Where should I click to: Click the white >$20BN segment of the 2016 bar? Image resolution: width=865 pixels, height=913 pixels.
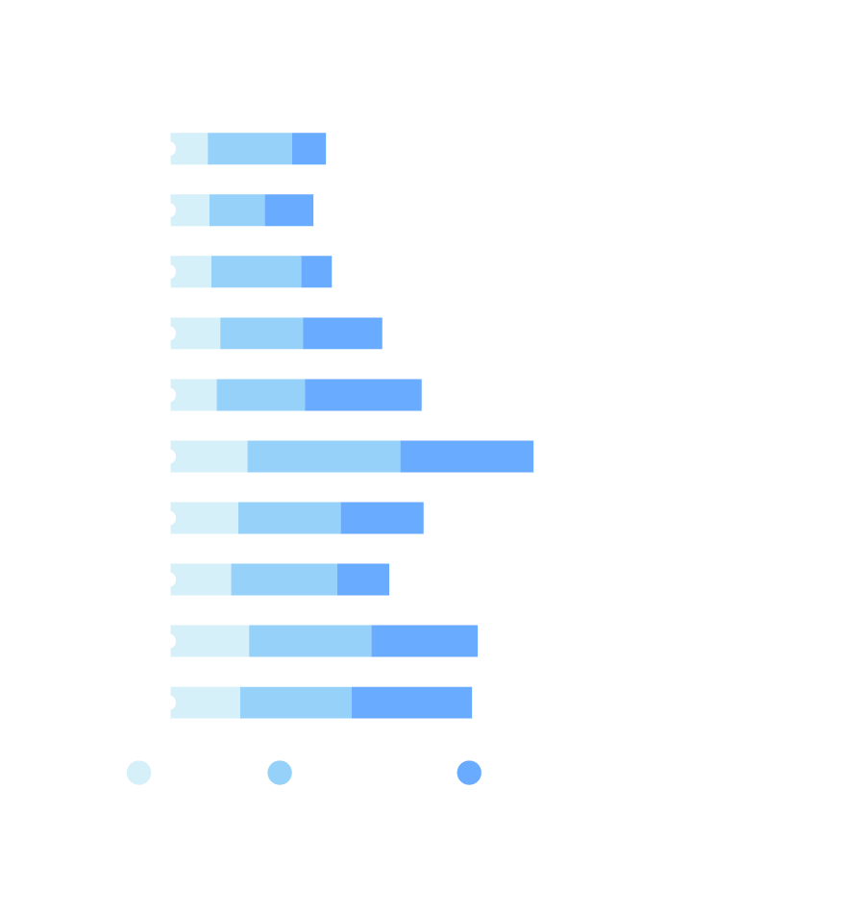[437, 518]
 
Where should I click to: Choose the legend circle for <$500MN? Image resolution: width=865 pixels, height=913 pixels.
[139, 773]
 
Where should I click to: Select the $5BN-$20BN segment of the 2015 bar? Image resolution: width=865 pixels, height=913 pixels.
[466, 456]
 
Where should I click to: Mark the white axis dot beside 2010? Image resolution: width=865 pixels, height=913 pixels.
[168, 149]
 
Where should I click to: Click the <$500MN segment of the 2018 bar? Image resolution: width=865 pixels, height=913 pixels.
[209, 641]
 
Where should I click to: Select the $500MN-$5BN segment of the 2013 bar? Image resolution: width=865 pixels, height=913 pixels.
[261, 333]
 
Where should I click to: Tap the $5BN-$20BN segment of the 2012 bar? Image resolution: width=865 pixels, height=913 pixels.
[316, 272]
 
